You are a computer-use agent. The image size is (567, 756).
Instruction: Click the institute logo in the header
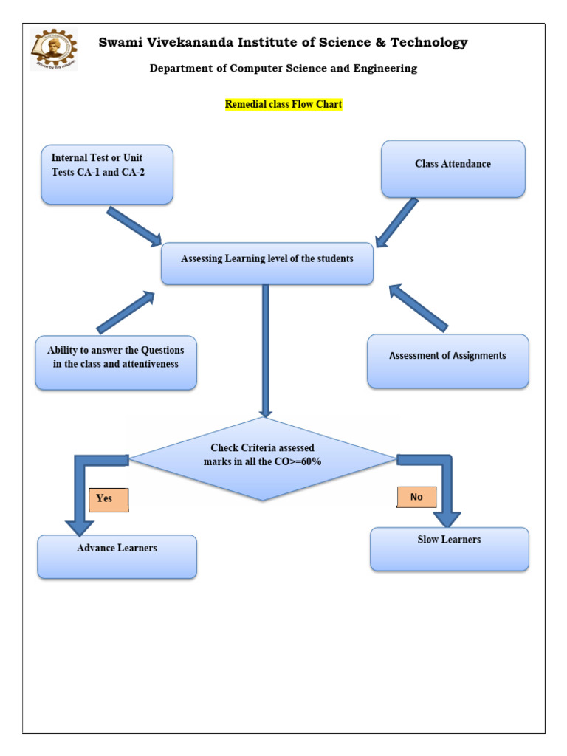54,49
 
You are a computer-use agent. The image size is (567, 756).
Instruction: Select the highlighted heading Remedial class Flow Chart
283,104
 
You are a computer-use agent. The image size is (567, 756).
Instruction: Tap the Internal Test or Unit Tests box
107,174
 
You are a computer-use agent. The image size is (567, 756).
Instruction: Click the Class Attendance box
453,169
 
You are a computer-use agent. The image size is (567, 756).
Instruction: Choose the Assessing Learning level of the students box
267,264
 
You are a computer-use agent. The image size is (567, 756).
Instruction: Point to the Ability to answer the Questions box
116,362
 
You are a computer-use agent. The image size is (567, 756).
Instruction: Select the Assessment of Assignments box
448,361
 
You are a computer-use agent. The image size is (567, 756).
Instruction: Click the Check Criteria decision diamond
263,458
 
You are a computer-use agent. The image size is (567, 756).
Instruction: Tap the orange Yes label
109,499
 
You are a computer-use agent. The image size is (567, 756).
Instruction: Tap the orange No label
416,497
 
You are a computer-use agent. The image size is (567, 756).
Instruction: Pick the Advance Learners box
117,556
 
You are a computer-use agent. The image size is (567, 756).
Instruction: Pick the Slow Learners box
449,549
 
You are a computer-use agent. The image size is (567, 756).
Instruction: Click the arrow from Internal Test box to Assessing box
134,227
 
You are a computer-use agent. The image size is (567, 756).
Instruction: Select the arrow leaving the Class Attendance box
397,222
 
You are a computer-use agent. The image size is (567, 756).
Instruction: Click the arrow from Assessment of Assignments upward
418,307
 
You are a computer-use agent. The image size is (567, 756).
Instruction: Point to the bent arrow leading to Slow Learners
445,487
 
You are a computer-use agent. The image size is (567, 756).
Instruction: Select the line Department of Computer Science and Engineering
283,69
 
